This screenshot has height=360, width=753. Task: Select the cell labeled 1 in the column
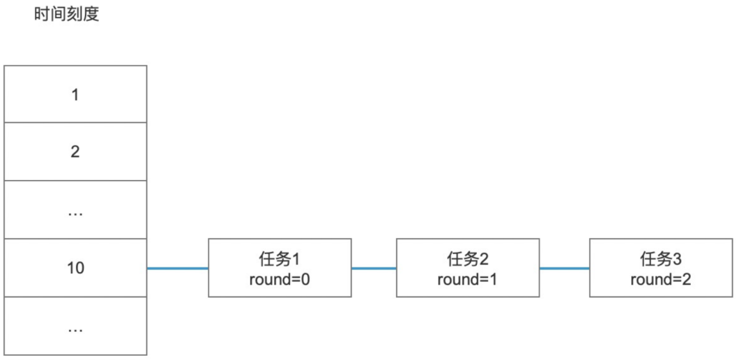pos(75,94)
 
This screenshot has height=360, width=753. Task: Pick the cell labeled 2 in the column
pos(75,151)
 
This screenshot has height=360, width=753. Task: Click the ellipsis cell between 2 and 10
pos(75,210)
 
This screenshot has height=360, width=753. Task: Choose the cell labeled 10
pos(75,268)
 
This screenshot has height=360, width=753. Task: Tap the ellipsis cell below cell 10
pos(75,326)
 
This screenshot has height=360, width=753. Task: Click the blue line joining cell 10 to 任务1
pos(177,268)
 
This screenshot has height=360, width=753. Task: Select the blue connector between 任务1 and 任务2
pos(374,268)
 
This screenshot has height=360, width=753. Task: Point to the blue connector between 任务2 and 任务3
pos(564,268)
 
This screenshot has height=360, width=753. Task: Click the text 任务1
pos(280,260)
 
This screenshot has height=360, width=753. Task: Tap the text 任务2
pos(467,260)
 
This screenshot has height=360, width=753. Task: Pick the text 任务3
pos(661,260)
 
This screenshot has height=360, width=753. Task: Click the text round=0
pos(279,279)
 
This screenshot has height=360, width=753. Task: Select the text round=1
pos(467,279)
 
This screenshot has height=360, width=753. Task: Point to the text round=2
pos(661,279)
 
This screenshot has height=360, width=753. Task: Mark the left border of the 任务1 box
pos(208,268)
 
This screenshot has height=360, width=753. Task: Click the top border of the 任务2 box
pos(467,239)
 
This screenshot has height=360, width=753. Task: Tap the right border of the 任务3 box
pos(733,268)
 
